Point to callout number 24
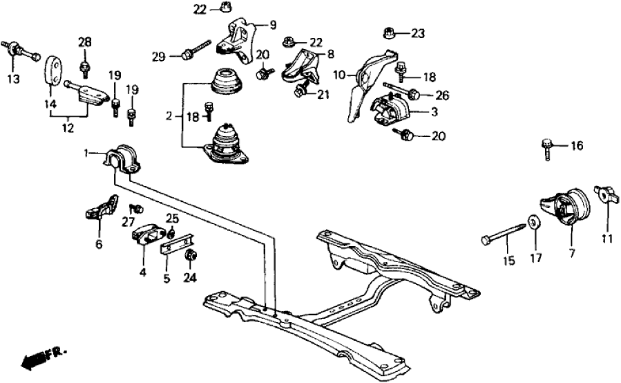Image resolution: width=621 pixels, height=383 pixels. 189,279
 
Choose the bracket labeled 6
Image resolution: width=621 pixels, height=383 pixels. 100,207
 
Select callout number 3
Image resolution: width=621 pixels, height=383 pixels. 434,112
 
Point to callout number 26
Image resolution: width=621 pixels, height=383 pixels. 442,94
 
